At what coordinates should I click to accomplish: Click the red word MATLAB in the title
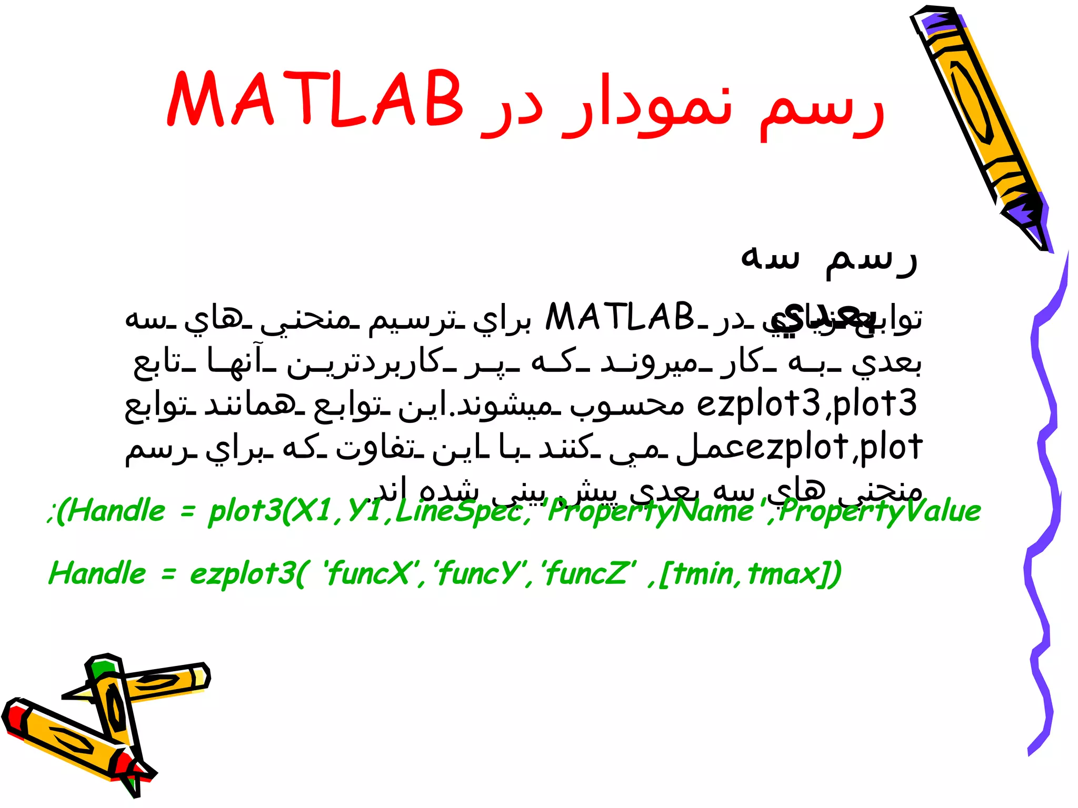[x=315, y=100]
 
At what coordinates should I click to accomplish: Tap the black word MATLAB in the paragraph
[x=620, y=317]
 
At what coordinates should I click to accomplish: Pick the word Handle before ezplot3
[x=97, y=573]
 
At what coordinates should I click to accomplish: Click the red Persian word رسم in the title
[x=821, y=105]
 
